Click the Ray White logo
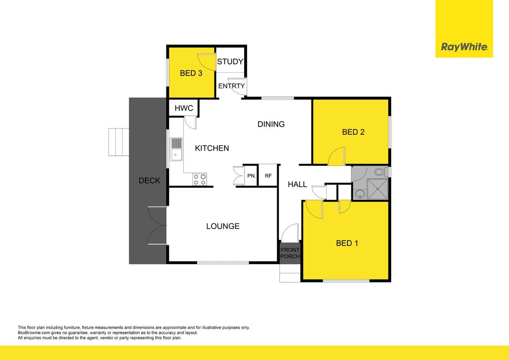tap(464, 47)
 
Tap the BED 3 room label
tap(191, 73)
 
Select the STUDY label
tap(230, 62)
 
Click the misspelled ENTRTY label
tap(231, 86)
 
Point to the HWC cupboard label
tap(184, 108)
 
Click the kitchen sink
tap(176, 149)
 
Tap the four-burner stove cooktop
tap(200, 179)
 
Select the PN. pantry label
tap(252, 176)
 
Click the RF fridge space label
tap(268, 176)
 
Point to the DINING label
tap(271, 124)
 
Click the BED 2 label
tap(353, 132)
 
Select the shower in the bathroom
tap(377, 189)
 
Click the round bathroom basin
tap(359, 194)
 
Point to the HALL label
tap(297, 184)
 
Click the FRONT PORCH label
tap(290, 253)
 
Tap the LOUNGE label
tap(223, 226)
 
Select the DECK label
tap(149, 180)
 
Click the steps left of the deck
tap(119, 142)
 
